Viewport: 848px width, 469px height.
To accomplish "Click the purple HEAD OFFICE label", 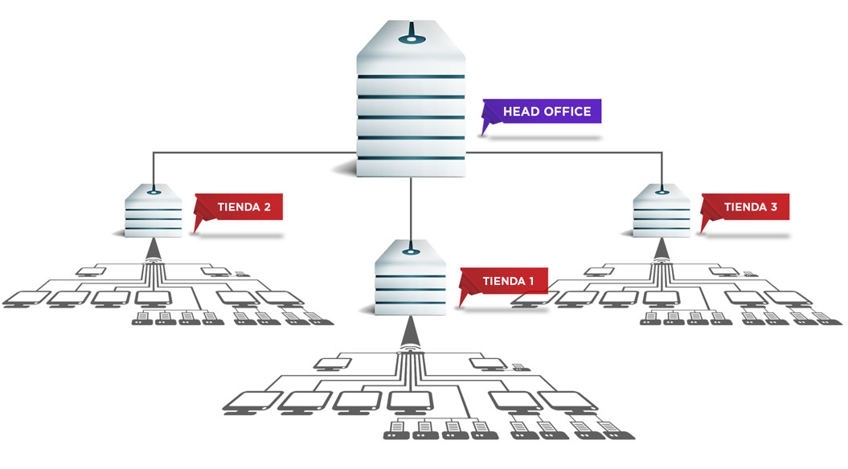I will click(x=547, y=112).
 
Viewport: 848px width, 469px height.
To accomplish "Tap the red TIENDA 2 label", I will click(x=244, y=207).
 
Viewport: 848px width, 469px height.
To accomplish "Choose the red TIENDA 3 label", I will click(x=750, y=207).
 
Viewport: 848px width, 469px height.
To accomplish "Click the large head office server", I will click(x=411, y=104).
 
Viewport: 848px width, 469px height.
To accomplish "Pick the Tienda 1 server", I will click(x=411, y=277).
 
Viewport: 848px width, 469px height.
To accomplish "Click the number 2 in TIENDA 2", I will click(x=265, y=207).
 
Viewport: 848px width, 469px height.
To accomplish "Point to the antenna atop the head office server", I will click(x=411, y=35).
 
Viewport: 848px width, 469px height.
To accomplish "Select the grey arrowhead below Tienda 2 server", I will click(x=153, y=251).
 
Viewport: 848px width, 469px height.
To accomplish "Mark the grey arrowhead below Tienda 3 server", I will click(x=662, y=251).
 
